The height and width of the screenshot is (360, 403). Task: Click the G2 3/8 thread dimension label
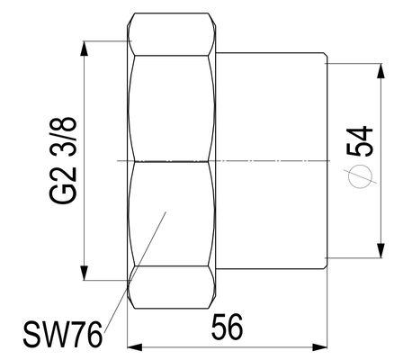point(63,161)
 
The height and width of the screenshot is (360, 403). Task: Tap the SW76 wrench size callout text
point(63,334)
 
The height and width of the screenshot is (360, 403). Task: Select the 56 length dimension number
point(227,327)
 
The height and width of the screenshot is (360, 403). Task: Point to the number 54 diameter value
point(360,141)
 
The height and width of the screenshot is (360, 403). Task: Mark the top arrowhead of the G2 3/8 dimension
point(85,49)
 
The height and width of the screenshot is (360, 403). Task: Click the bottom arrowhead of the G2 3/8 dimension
point(85,273)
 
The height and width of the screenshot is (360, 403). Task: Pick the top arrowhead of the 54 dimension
point(381,71)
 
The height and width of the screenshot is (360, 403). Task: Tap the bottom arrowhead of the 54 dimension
point(381,250)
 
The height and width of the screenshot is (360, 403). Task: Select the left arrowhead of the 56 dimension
point(135,347)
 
